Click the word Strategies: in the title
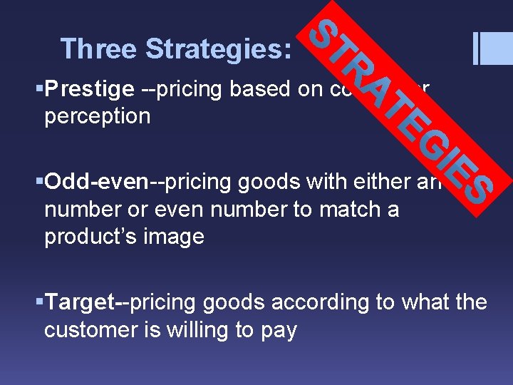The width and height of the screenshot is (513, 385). tap(218, 49)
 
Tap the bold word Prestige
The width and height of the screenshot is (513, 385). tap(89, 90)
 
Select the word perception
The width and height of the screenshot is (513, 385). tap(97, 115)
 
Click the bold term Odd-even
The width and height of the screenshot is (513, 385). tap(96, 183)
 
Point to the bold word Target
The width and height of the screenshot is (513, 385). tap(80, 302)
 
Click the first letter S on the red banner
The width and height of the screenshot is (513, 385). tap(328, 33)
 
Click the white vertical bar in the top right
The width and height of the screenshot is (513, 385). tap(477, 48)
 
